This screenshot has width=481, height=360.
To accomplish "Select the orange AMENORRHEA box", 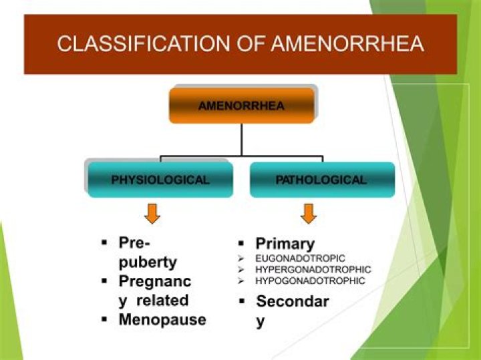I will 241,106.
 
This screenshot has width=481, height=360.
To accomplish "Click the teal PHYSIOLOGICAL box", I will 160,180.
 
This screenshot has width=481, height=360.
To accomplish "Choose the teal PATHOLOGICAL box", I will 321,180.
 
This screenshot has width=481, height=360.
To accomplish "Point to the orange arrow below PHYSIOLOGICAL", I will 153,214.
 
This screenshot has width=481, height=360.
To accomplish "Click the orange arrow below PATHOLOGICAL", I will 308,214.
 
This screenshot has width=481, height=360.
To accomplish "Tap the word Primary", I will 285,244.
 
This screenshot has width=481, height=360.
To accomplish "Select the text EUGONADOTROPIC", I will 299,258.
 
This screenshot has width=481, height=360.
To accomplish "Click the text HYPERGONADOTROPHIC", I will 313,269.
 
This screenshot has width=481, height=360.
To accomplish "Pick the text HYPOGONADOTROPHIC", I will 310,281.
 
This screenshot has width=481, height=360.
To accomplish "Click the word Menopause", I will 162,319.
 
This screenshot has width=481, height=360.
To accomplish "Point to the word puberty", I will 148,261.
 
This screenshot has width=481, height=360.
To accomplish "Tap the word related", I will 163,300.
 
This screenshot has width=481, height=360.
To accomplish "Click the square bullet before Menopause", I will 105,319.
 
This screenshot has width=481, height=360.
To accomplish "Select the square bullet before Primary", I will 243,244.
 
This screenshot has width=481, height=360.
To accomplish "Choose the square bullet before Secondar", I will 243,302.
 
